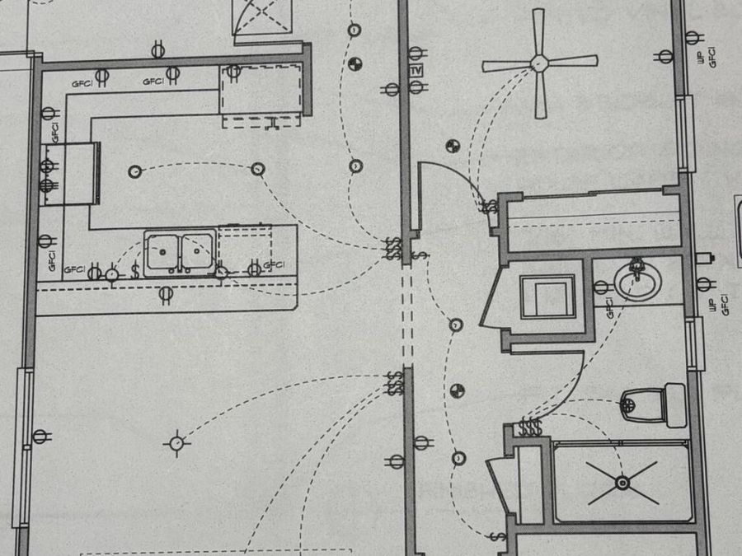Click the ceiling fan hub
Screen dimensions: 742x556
tap(539, 63)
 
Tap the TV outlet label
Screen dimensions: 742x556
tap(416, 71)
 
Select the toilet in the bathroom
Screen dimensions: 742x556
tap(653, 404)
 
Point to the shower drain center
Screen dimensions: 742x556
tap(622, 483)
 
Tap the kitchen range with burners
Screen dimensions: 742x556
tap(70, 174)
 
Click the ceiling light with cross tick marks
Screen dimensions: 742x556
tap(177, 443)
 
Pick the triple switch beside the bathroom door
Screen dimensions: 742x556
tap(530, 427)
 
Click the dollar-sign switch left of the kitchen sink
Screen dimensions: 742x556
tap(135, 269)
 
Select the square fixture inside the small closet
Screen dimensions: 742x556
tap(547, 297)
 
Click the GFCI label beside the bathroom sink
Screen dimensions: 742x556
tap(609, 308)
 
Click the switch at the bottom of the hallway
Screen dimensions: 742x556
tap(497, 536)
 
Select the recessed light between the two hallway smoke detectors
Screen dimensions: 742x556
tap(455, 325)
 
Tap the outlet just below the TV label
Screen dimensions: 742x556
tap(416, 87)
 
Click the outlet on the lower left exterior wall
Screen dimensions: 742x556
tap(40, 437)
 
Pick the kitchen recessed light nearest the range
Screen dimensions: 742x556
tap(135, 171)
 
